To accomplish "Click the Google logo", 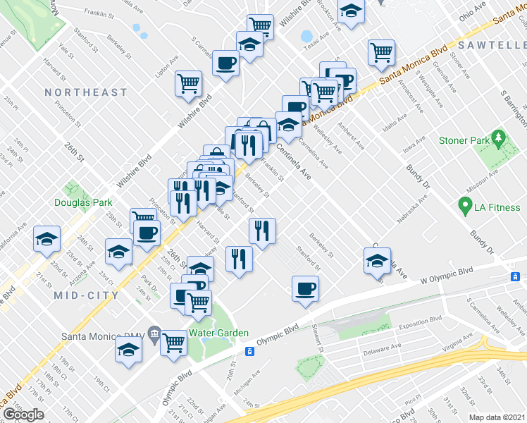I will click(23, 414).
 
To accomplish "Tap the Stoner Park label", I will click(464, 140).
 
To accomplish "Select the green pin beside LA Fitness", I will click(464, 207).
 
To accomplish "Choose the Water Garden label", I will click(218, 333).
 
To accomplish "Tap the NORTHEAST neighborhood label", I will click(86, 92).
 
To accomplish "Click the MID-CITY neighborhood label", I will click(86, 295).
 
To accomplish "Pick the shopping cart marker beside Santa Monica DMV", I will click(173, 343).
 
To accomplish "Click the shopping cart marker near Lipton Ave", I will click(189, 83).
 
